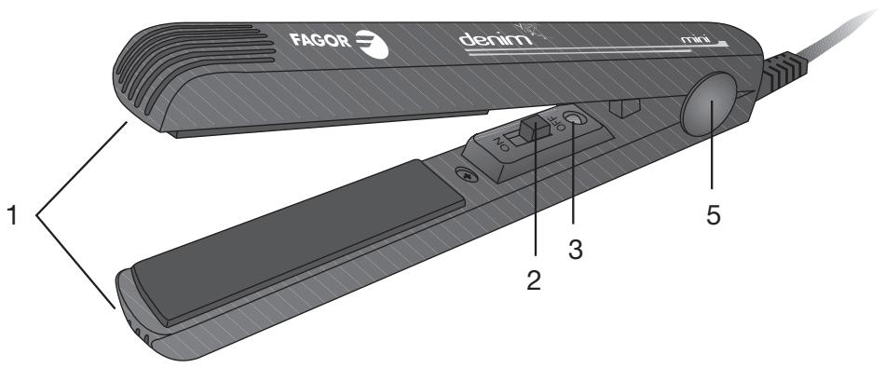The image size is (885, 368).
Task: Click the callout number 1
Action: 13,216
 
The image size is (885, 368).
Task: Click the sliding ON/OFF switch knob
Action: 532,127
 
